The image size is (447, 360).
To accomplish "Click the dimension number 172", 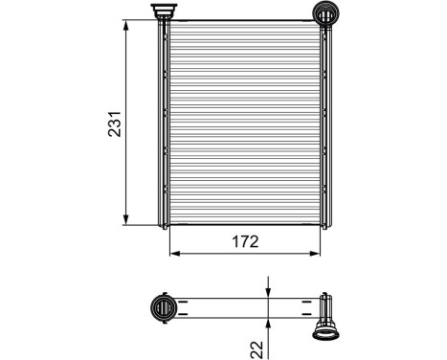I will click(x=246, y=242).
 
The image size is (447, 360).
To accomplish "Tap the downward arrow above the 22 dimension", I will click(x=269, y=291).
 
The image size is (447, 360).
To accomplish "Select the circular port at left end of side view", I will click(x=165, y=308).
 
